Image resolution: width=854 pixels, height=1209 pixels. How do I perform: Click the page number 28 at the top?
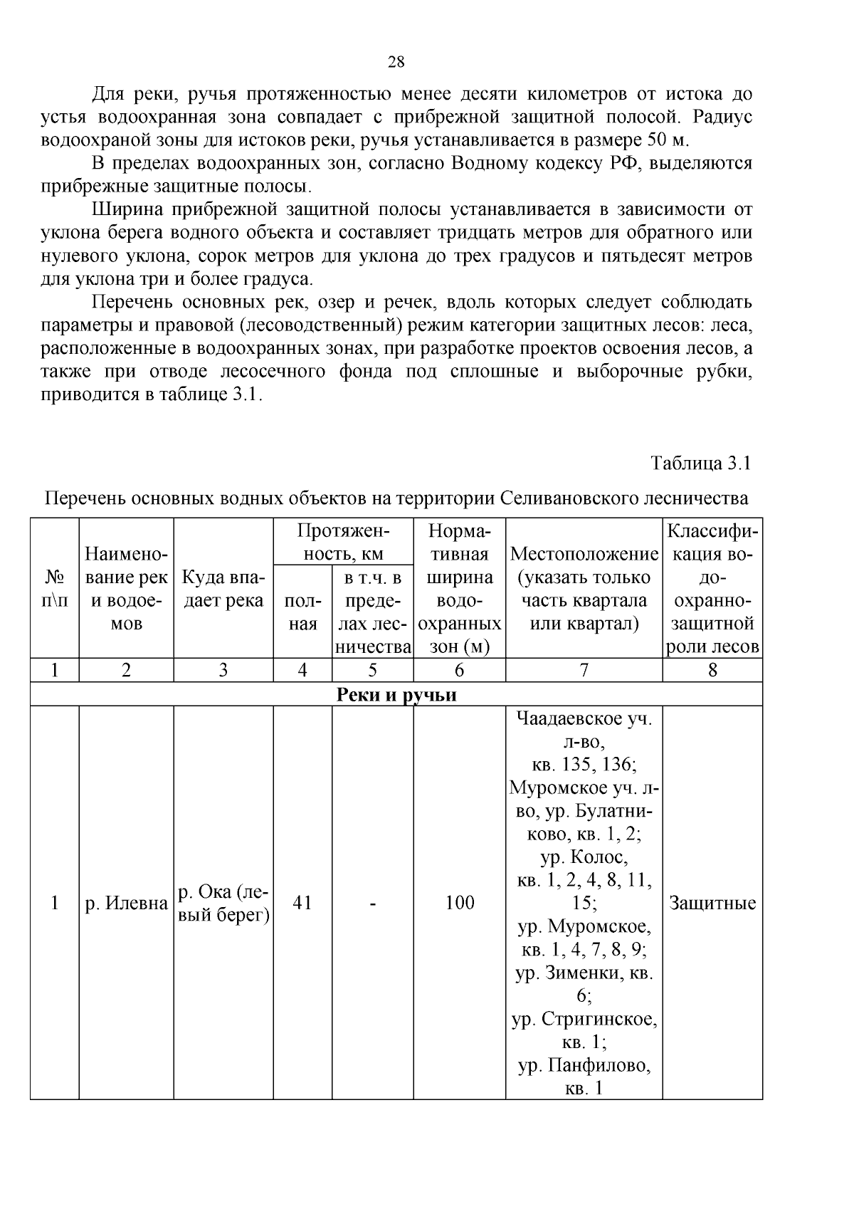[x=396, y=62]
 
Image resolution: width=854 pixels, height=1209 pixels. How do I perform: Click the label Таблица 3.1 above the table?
[x=701, y=464]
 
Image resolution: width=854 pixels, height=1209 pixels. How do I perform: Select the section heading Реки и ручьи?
[x=396, y=695]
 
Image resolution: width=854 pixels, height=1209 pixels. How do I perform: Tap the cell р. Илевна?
[x=126, y=904]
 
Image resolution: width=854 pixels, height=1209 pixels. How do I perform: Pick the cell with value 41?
[x=302, y=904]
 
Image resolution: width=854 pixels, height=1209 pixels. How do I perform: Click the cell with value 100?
[x=459, y=904]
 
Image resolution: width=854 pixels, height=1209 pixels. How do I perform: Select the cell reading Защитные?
[x=712, y=904]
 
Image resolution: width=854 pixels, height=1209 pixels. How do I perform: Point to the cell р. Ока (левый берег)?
[x=223, y=904]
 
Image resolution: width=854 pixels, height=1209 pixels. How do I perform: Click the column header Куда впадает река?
[x=223, y=589]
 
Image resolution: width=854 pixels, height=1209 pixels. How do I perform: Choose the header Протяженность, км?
[x=343, y=543]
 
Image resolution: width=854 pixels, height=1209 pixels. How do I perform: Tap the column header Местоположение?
[x=584, y=554]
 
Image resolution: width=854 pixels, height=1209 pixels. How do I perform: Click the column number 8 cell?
[x=712, y=670]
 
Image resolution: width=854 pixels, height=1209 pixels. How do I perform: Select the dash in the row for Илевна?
[x=372, y=904]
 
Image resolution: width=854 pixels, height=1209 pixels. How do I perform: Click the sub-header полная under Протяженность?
[x=302, y=612]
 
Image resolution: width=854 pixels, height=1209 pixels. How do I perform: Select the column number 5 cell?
[x=372, y=670]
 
